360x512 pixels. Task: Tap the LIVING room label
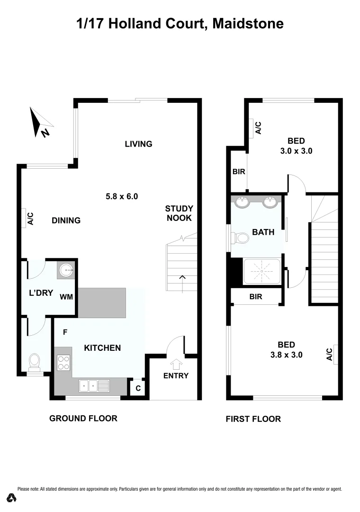[138, 144]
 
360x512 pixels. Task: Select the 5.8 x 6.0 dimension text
[121, 195]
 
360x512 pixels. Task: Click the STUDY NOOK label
[179, 213]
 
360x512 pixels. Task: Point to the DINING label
[66, 220]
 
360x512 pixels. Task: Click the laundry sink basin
[66, 271]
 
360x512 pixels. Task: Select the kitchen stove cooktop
[63, 363]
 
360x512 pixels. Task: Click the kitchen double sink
[94, 385]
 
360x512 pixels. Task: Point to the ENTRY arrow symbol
[176, 364]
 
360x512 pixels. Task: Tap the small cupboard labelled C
[138, 387]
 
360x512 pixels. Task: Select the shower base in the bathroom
[261, 272]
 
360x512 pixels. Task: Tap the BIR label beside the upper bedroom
[239, 172]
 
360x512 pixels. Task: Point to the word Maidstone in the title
[248, 23]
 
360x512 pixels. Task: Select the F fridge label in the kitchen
[65, 332]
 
